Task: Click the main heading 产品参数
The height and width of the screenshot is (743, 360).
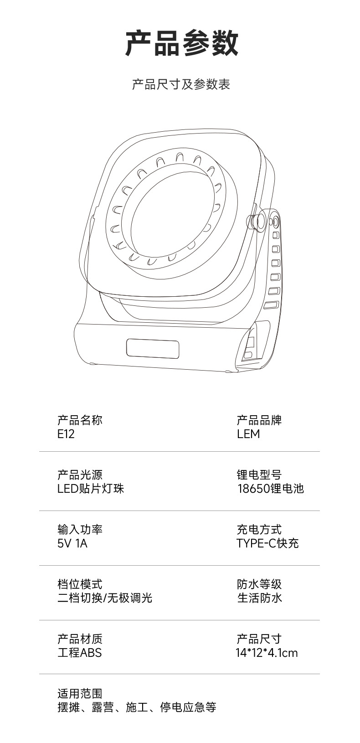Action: point(181,43)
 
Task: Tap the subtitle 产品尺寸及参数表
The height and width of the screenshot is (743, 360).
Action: point(181,84)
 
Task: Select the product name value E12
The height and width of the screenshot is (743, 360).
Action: point(66,434)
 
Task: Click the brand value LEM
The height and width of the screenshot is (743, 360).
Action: point(248,434)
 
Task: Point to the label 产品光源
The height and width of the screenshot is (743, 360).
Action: point(80,475)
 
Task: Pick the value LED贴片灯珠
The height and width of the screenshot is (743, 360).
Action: point(91,489)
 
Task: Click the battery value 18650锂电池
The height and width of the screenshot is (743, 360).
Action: point(270,489)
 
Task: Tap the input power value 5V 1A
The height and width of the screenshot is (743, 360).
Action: point(72,543)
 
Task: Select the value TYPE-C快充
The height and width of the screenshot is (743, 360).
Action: point(267,543)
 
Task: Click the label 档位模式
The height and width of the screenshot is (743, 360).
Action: point(80,584)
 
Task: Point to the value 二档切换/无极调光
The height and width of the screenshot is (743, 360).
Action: point(105,598)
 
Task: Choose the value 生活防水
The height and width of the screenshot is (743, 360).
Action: point(259,598)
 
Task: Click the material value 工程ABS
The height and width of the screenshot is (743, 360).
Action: point(79,653)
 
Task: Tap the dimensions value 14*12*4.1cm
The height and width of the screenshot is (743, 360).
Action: point(267,653)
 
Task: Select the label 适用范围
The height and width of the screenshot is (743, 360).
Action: point(80,694)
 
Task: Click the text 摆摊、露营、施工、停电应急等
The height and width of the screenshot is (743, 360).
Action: point(137,707)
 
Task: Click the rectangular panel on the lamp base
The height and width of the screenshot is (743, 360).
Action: point(152,349)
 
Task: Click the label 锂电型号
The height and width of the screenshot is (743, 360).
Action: point(259,475)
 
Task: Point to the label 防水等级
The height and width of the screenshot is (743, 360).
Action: point(259,584)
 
